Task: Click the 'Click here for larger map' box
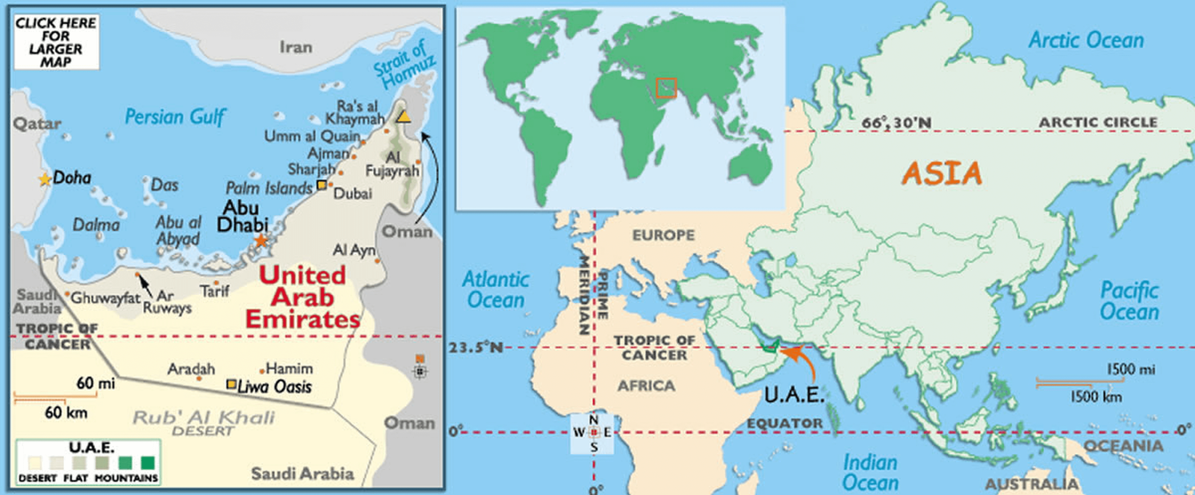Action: [56, 42]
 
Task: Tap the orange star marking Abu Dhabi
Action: [261, 241]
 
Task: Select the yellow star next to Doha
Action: [44, 179]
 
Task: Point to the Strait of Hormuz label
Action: [404, 65]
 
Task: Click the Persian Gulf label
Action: [175, 117]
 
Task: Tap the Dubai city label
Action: [353, 194]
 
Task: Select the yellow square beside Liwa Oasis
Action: [231, 384]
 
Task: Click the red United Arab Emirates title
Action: [302, 297]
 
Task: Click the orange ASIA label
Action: [942, 174]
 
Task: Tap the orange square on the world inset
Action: [666, 88]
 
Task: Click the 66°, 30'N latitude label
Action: [896, 123]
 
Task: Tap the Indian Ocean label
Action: [870, 472]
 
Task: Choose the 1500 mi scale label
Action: [1131, 370]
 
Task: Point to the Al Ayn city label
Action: [354, 251]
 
